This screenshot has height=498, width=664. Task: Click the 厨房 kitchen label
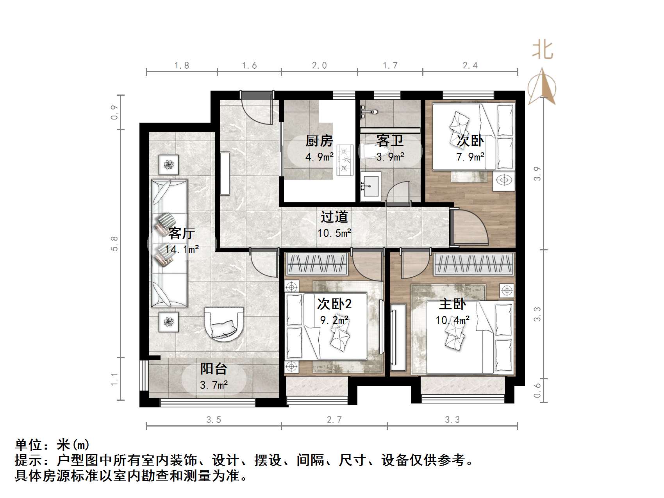click(319, 141)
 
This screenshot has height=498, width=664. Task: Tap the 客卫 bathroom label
click(390, 141)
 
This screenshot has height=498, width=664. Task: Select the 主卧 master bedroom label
click(452, 304)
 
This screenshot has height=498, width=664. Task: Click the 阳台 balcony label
click(214, 369)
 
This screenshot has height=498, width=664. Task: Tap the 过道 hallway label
click(334, 217)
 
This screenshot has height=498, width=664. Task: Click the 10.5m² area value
click(334, 234)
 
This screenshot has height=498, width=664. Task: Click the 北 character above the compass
click(543, 50)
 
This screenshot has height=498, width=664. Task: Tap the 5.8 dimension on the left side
click(114, 243)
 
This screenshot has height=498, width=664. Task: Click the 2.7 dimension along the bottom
click(334, 420)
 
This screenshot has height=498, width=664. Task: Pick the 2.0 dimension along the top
click(319, 66)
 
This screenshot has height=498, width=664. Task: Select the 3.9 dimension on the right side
click(537, 173)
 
